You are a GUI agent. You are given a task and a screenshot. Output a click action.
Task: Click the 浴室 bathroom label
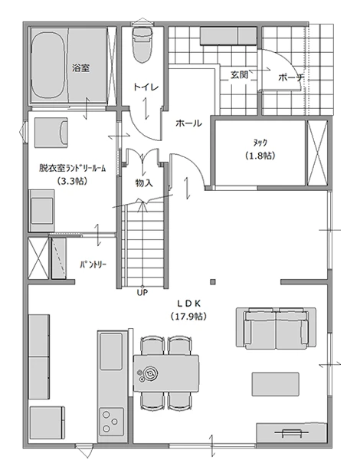coord(80,67)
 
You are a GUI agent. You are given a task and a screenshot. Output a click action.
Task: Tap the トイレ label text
coord(146,87)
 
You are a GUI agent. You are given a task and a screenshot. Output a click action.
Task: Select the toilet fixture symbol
coord(142,46)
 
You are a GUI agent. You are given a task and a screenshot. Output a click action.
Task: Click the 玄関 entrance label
coord(239,75)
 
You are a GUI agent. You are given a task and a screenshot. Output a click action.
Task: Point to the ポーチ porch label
coord(291,77)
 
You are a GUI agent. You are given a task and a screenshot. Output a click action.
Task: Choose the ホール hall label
coord(188,123)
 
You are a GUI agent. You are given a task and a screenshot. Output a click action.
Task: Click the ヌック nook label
coord(260,143)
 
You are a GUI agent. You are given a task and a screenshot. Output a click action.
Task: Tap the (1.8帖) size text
coord(260,155)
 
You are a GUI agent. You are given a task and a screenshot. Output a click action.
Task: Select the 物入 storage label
coord(143,183)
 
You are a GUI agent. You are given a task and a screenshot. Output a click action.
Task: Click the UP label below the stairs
coord(142,292)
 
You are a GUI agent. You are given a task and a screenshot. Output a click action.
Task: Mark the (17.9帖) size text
coord(188,315)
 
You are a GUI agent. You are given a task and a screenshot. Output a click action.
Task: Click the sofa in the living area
coord(280,327)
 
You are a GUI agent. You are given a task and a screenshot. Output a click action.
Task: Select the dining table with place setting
coord(166,372)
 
